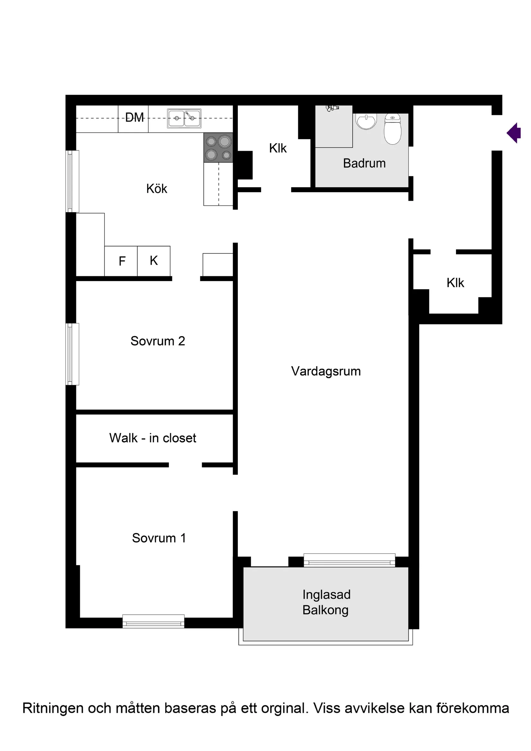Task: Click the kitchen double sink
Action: (x=184, y=118)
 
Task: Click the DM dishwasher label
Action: (x=135, y=118)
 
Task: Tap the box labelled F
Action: (x=122, y=261)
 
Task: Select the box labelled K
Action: (x=154, y=261)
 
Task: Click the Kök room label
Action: (x=157, y=189)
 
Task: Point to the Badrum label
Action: (x=364, y=163)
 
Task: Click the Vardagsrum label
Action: (x=326, y=371)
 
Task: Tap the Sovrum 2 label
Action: (x=158, y=341)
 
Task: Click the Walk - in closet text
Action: (x=153, y=438)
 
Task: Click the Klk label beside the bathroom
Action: (x=278, y=148)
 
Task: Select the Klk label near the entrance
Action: (x=455, y=283)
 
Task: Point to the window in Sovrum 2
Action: (x=72, y=354)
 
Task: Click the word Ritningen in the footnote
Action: (x=52, y=708)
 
